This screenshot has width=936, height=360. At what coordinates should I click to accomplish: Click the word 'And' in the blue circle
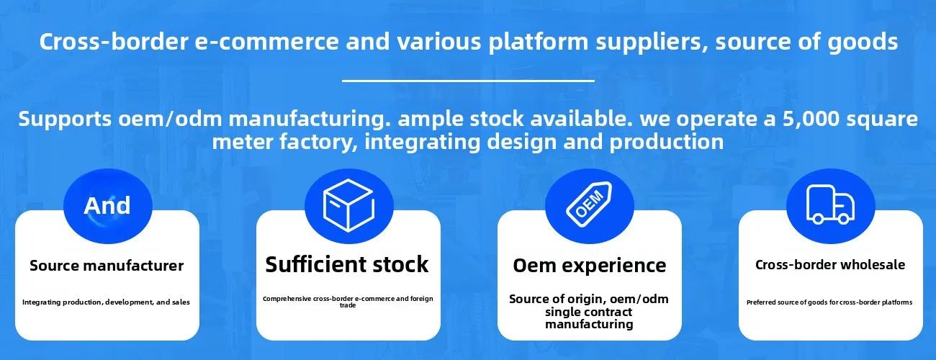point(107,205)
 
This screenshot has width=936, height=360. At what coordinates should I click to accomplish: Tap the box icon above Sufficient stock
point(348,205)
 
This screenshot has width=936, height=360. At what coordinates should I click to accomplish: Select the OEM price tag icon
point(589,204)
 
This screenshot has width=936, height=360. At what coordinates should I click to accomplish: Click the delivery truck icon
point(830,204)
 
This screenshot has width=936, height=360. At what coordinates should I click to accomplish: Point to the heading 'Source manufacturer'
point(107,266)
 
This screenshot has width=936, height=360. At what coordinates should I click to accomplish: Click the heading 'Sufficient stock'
point(347,264)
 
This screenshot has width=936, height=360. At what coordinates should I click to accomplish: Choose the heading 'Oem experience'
point(589,266)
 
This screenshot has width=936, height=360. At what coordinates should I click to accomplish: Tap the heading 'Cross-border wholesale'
point(830,265)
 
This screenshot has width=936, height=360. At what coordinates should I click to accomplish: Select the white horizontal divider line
point(468,80)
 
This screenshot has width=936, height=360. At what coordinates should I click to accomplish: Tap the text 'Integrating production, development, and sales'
point(106,302)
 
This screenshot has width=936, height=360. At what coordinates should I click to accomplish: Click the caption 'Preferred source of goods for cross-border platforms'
point(829,302)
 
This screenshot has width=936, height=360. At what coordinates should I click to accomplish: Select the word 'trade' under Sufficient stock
point(348,305)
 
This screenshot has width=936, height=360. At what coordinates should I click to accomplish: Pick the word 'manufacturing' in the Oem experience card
point(589,324)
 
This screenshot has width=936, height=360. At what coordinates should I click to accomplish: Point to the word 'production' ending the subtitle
point(667,143)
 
